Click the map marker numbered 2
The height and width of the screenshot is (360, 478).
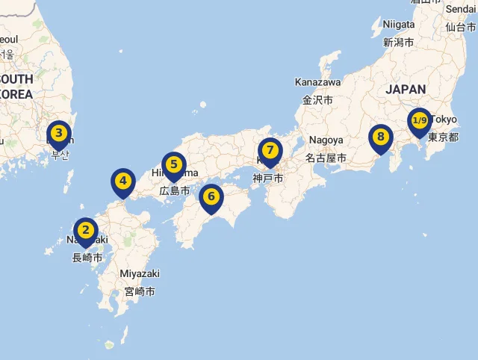coord(86,231)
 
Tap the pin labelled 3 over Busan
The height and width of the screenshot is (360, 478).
coord(59,134)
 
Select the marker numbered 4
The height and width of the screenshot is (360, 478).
coord(123,181)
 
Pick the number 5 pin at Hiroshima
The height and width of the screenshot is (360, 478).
coord(173,165)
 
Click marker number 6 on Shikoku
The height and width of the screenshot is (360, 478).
coord(211,197)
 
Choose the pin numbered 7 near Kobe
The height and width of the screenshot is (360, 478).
coord(270,151)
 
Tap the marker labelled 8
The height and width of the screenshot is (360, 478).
coord(381,137)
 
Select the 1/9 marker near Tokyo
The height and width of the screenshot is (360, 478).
coord(419,121)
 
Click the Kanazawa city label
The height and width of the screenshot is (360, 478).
coord(317,81)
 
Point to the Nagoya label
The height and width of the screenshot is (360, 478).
coord(326,140)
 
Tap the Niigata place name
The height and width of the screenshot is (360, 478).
coord(398,24)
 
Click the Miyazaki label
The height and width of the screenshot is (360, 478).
coord(140,273)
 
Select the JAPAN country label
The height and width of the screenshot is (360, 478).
coord(406,89)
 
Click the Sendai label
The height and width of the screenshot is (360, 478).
coord(460,8)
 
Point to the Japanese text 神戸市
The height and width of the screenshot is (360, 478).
coord(267,179)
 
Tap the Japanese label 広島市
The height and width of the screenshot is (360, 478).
coord(175,191)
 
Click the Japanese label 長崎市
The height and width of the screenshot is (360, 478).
coord(87,258)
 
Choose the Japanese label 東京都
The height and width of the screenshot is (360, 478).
coord(442,137)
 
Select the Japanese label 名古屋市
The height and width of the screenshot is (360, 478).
coord(326,158)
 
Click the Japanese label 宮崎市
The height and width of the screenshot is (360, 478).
coord(140,291)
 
